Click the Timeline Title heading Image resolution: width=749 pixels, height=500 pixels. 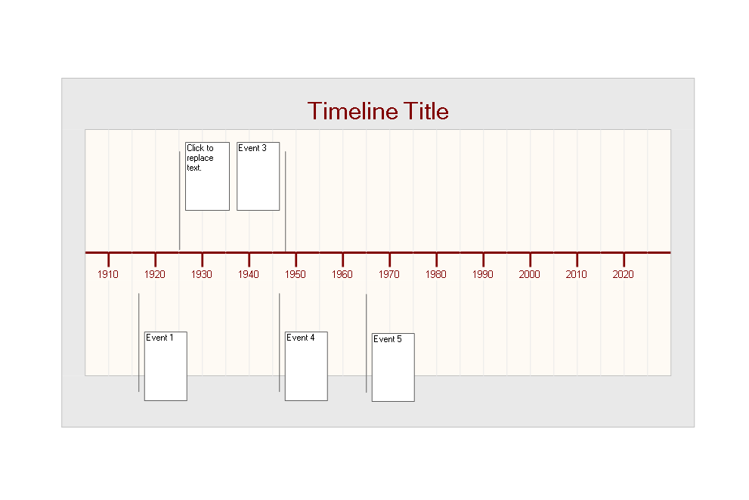(x=378, y=111)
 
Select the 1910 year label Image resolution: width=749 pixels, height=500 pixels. (x=108, y=274)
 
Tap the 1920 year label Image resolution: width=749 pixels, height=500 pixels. (x=155, y=274)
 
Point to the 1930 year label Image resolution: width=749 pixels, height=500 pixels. (x=202, y=274)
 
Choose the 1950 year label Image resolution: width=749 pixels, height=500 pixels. (x=296, y=274)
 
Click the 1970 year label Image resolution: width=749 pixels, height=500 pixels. (x=388, y=274)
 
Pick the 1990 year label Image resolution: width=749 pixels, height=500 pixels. (x=482, y=274)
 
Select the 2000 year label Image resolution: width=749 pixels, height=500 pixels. (x=529, y=274)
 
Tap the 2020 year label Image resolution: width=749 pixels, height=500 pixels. (x=623, y=274)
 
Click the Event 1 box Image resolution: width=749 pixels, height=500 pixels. (x=166, y=366)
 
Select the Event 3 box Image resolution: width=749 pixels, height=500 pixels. (x=258, y=176)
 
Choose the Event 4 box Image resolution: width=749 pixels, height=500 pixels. (x=306, y=366)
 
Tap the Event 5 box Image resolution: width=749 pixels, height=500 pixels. (x=393, y=367)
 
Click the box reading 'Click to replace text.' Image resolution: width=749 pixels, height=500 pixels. (x=207, y=176)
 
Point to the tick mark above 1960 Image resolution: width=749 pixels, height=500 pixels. (x=342, y=259)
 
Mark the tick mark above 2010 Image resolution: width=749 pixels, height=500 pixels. (x=577, y=259)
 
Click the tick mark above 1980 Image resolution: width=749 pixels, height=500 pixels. (x=437, y=259)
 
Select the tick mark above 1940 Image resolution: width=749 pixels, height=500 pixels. (x=249, y=259)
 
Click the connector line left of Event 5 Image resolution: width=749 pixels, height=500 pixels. (x=367, y=344)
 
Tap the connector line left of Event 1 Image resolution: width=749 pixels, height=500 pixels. (x=138, y=342)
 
